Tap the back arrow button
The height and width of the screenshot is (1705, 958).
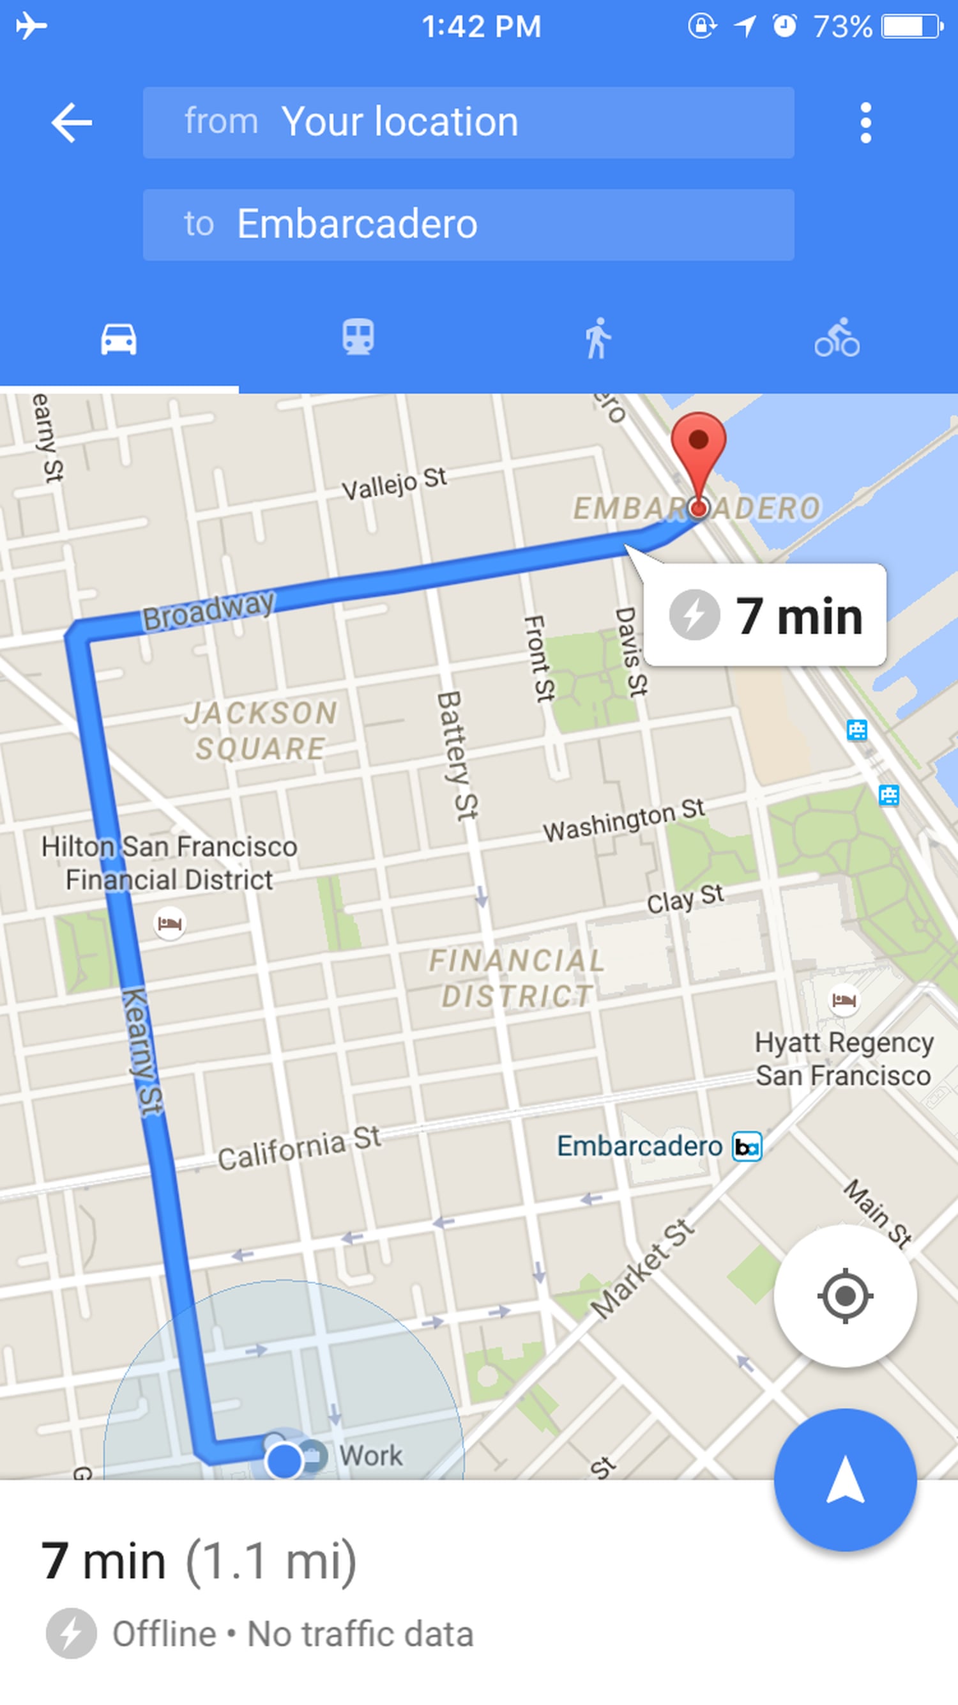72,123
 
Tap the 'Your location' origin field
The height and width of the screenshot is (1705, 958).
468,123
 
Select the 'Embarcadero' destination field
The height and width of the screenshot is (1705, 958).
468,224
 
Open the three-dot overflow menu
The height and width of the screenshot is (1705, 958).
865,123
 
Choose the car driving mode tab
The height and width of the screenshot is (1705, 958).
119,339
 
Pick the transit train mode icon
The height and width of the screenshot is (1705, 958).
358,337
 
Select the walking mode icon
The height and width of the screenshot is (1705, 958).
597,338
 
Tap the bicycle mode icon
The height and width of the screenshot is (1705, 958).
837,338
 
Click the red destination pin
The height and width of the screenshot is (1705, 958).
698,444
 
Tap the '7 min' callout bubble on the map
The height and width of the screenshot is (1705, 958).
766,615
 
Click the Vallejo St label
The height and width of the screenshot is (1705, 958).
394,483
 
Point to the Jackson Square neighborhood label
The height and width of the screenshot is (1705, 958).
261,730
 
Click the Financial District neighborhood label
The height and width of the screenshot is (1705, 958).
517,978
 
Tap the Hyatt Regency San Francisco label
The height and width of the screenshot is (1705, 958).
844,1058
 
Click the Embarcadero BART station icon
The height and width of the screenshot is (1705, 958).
747,1147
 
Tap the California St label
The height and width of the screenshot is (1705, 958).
299,1148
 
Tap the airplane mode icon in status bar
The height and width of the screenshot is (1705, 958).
31,26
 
